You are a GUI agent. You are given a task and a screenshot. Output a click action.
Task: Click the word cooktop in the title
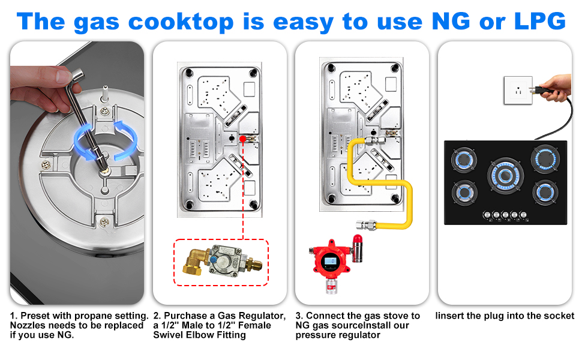(181, 21)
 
